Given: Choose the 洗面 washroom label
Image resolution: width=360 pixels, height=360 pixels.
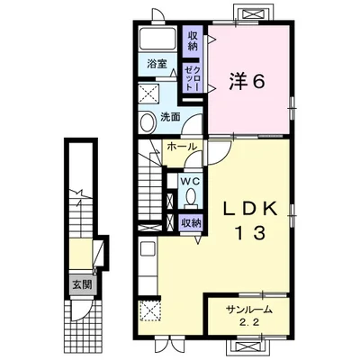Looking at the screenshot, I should click(170, 117).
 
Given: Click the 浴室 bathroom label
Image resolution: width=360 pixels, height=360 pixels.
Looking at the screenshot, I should click(157, 65).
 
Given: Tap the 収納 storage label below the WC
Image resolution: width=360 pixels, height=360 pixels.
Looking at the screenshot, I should click(190, 221).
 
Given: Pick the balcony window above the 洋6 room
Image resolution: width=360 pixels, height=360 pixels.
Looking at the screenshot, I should click(251, 14).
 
